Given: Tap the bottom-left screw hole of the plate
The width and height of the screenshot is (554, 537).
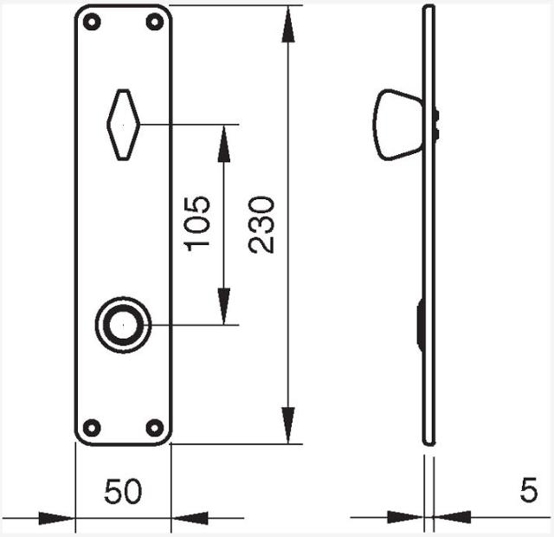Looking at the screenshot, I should (92, 427).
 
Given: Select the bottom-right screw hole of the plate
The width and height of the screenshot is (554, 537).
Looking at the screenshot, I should (155, 427).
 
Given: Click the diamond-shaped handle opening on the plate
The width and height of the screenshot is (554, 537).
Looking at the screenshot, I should (123, 125).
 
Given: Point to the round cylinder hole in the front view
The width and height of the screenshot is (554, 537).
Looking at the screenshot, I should (123, 325).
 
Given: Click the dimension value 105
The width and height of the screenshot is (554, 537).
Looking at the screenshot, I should (197, 223).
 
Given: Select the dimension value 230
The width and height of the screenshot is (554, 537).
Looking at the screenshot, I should (261, 224).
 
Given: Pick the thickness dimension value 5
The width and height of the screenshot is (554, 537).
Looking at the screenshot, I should (529, 491).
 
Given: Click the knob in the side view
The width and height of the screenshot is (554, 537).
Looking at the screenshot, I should (397, 125).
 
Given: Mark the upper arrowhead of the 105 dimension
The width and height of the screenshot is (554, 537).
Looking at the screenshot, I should (224, 144).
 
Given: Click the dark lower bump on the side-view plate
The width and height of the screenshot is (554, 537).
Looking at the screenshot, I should (420, 325).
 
